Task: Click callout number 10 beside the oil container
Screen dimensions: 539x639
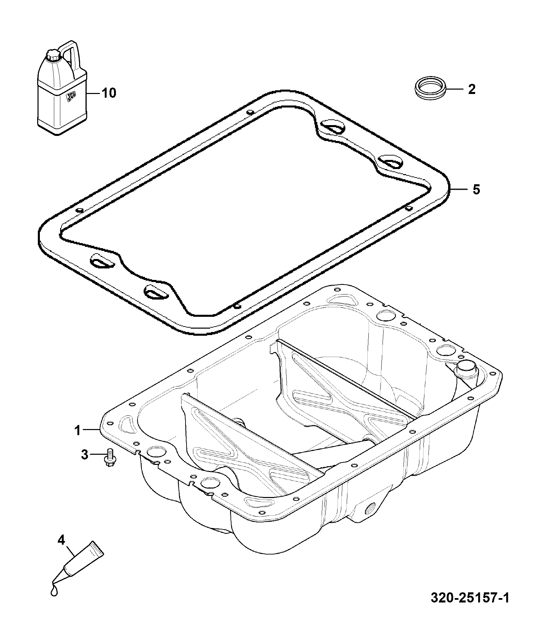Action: click(109, 93)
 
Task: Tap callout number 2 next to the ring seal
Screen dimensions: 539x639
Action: click(471, 89)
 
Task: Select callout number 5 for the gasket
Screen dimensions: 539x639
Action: click(476, 190)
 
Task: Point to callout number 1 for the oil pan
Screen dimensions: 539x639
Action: click(77, 430)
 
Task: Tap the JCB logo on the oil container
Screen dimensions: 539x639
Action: click(71, 97)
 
